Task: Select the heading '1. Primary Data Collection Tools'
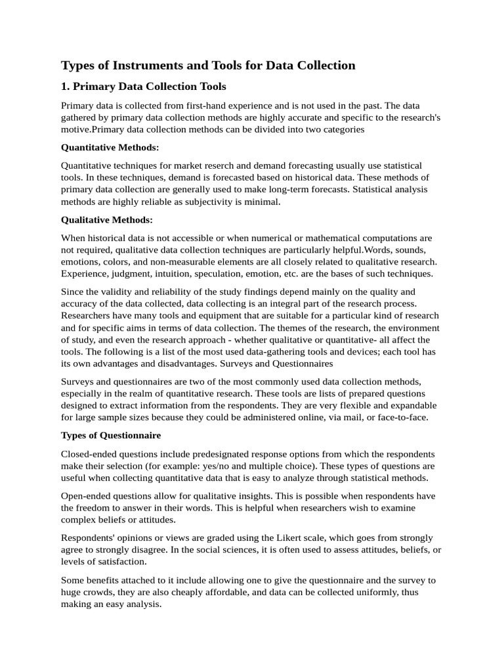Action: tap(143, 87)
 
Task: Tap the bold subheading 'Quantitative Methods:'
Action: tap(110, 148)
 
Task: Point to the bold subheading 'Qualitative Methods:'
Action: tap(106, 220)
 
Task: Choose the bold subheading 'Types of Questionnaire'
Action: tap(110, 435)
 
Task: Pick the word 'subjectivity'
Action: tap(205, 202)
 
